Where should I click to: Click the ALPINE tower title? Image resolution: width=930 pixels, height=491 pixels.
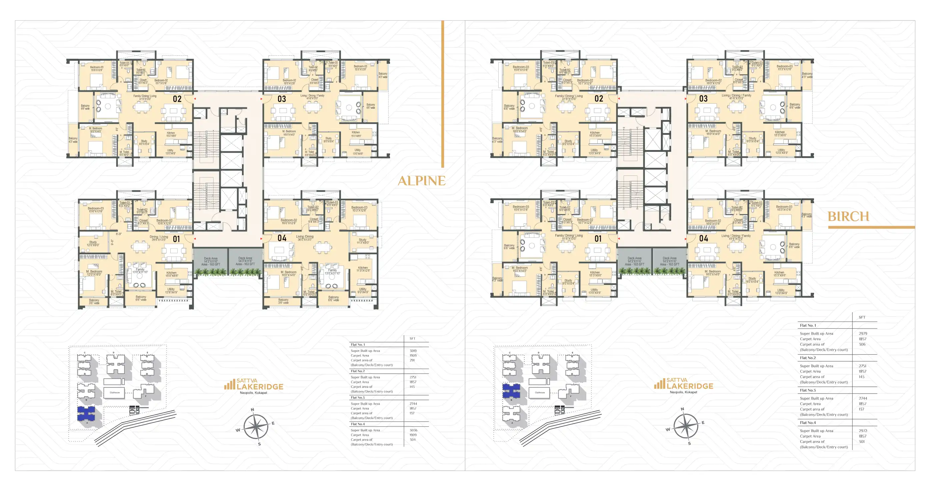pos(421,181)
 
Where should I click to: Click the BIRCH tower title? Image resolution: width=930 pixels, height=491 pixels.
pos(848,216)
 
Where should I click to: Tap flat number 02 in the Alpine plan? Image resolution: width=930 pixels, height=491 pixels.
pos(177,99)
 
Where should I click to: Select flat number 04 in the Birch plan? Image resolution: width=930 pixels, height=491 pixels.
pos(703,238)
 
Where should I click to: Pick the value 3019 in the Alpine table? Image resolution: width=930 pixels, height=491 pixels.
pos(413,351)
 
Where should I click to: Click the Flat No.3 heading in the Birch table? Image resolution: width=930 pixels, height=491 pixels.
pos(808,390)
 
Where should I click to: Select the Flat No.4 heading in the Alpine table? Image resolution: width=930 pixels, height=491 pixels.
pos(358,424)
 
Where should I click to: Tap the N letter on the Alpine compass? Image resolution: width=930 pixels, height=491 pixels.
pos(252,410)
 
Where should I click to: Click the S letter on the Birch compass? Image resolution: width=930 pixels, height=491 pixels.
pos(689,443)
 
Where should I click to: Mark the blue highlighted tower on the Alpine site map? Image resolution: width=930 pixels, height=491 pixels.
pos(86,413)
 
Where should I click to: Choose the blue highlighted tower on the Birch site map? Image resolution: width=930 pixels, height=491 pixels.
pos(511,391)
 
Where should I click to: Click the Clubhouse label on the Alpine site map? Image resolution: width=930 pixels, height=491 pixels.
pos(114,392)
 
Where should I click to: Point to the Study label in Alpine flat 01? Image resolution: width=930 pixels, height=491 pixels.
pos(93,244)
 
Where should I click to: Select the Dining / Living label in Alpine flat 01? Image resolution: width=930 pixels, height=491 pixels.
pos(159,238)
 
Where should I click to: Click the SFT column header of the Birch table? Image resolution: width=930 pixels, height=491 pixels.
pos(862,317)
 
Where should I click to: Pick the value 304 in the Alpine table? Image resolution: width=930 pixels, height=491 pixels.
pos(412,440)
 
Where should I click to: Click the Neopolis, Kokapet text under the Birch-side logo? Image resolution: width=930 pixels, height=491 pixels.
pos(683,392)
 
